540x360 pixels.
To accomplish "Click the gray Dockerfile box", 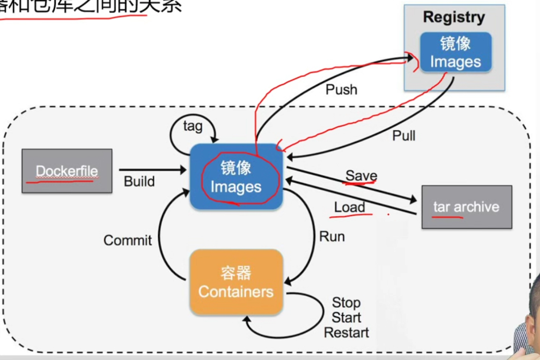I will (x=67, y=171).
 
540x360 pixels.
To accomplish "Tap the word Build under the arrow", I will (x=139, y=182).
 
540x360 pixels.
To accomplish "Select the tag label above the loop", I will (x=193, y=126).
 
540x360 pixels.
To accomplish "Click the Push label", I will (x=341, y=89).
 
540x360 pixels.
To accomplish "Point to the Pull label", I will (x=404, y=136).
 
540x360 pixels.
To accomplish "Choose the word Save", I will (x=361, y=176).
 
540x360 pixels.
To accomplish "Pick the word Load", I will (x=350, y=207).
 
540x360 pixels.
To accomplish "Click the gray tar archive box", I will (x=466, y=207).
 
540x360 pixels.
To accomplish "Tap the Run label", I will (x=332, y=236).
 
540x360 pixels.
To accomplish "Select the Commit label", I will (x=128, y=240).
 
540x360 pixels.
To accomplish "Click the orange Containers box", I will (x=236, y=282).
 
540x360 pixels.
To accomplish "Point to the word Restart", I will (x=346, y=332).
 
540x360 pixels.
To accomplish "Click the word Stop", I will (x=346, y=303).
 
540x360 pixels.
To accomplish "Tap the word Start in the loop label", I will (x=346, y=318).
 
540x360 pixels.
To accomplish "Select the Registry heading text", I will (x=454, y=17).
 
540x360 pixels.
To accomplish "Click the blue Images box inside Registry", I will (x=456, y=52).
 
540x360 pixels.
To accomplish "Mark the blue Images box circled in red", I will (x=236, y=177).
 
